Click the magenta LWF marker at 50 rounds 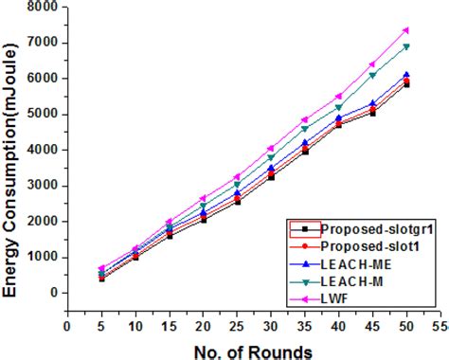click(x=405, y=30)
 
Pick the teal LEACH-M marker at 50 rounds click(x=405, y=46)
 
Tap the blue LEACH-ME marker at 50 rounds click(x=405, y=75)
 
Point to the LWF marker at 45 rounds click(x=371, y=64)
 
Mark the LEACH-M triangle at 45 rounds click(x=371, y=75)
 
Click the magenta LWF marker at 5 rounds click(x=101, y=268)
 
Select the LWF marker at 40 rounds click(x=338, y=97)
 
